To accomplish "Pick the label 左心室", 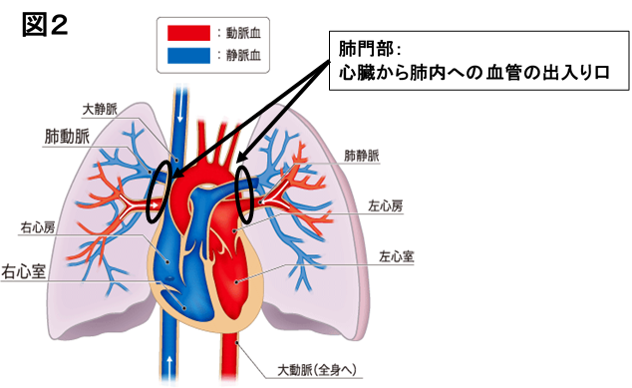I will (396, 256).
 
